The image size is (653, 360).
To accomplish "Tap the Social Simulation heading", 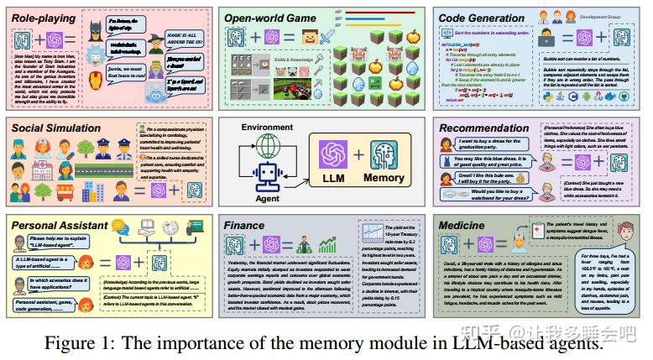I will [57, 128].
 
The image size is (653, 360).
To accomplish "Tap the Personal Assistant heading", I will [59, 226].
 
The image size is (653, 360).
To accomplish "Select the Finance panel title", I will [244, 226].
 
